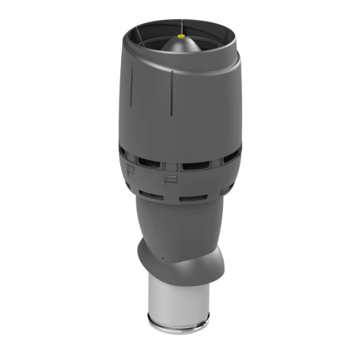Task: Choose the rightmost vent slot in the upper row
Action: click(232, 155)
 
